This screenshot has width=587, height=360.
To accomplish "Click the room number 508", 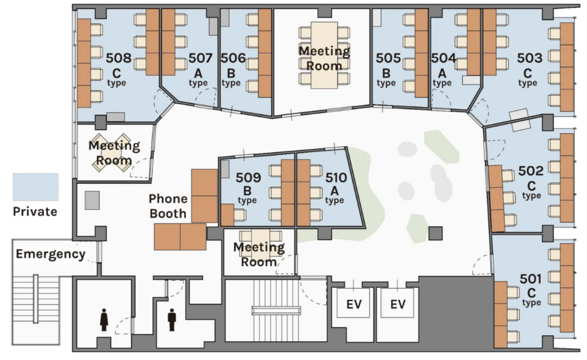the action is (118, 58).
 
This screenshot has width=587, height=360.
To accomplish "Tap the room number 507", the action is (200, 58).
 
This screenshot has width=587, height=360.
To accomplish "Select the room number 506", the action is (233, 58).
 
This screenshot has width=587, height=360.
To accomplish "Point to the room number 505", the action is (388, 58).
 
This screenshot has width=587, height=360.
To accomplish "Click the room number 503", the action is (529, 58).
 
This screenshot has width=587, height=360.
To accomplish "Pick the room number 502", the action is (531, 171).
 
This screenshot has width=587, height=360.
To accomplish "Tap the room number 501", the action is (531, 279).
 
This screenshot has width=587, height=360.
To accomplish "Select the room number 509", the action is (248, 177).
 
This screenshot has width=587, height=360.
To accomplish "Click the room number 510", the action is (336, 177).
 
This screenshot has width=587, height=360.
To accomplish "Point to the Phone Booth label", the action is (168, 206).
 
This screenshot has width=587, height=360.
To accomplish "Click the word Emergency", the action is (50, 254).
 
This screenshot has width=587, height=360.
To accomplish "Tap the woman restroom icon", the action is (104, 319).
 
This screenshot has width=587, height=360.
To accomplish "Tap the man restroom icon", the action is (172, 319).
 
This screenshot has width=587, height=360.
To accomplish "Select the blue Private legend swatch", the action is (36, 187).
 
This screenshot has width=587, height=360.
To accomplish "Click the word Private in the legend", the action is (35, 212).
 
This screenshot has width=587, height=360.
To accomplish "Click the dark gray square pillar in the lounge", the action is (435, 233).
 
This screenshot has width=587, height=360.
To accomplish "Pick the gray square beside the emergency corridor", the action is (92, 200).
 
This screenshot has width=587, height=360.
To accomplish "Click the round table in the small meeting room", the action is (112, 152).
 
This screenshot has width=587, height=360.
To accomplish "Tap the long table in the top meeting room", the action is (324, 55).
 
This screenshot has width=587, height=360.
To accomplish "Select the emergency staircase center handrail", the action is (36, 299).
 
